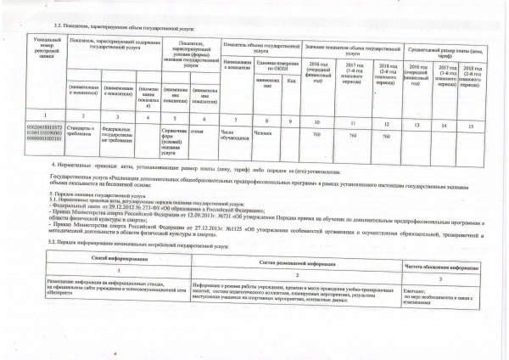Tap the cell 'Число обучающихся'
[233, 136]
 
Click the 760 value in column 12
[386, 136]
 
